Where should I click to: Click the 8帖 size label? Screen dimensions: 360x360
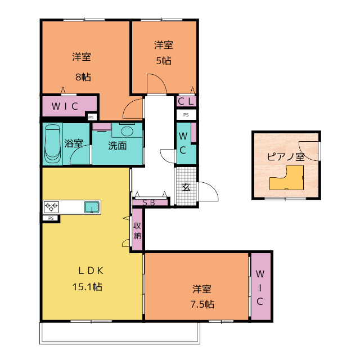tap(83, 77)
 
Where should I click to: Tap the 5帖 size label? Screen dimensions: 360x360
tap(164, 61)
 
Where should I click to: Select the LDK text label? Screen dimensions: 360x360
tap(91, 271)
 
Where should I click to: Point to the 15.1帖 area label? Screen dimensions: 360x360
tap(87, 287)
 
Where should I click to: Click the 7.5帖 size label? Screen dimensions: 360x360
tap(202, 304)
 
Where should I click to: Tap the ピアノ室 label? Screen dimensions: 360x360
tap(286, 156)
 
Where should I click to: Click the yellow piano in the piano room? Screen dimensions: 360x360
tap(286, 178)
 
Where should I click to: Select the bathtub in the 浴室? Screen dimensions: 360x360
tap(52, 143)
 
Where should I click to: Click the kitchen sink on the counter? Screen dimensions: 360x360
tap(92, 207)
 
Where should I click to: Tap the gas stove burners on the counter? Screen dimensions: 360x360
tap(51, 206)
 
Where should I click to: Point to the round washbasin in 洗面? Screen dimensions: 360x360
tap(127, 131)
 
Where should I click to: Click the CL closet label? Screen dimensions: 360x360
tap(186, 101)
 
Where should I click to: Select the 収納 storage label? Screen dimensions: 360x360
tap(137, 231)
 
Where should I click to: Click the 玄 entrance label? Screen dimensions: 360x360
tap(186, 187)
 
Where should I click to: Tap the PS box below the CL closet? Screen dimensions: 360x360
tap(186, 115)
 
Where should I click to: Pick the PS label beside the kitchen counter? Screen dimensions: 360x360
tap(51, 218)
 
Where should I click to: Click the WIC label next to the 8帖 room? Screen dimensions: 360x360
tap(65, 106)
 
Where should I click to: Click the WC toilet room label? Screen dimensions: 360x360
tap(183, 143)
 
